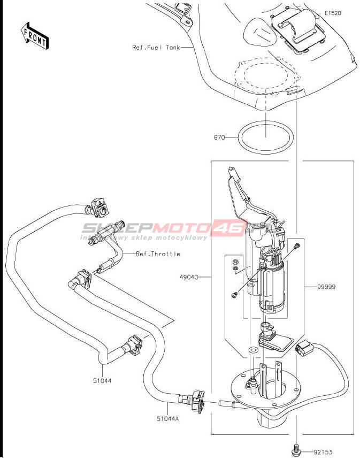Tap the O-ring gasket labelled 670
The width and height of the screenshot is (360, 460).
pos(266,138)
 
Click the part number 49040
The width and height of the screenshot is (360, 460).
pos(189,278)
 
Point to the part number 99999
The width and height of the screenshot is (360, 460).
pos(326,287)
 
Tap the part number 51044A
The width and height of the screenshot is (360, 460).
pos(167,418)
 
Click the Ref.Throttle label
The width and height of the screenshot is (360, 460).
pos(158,254)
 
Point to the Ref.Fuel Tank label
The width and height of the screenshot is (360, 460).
pos(156,47)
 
